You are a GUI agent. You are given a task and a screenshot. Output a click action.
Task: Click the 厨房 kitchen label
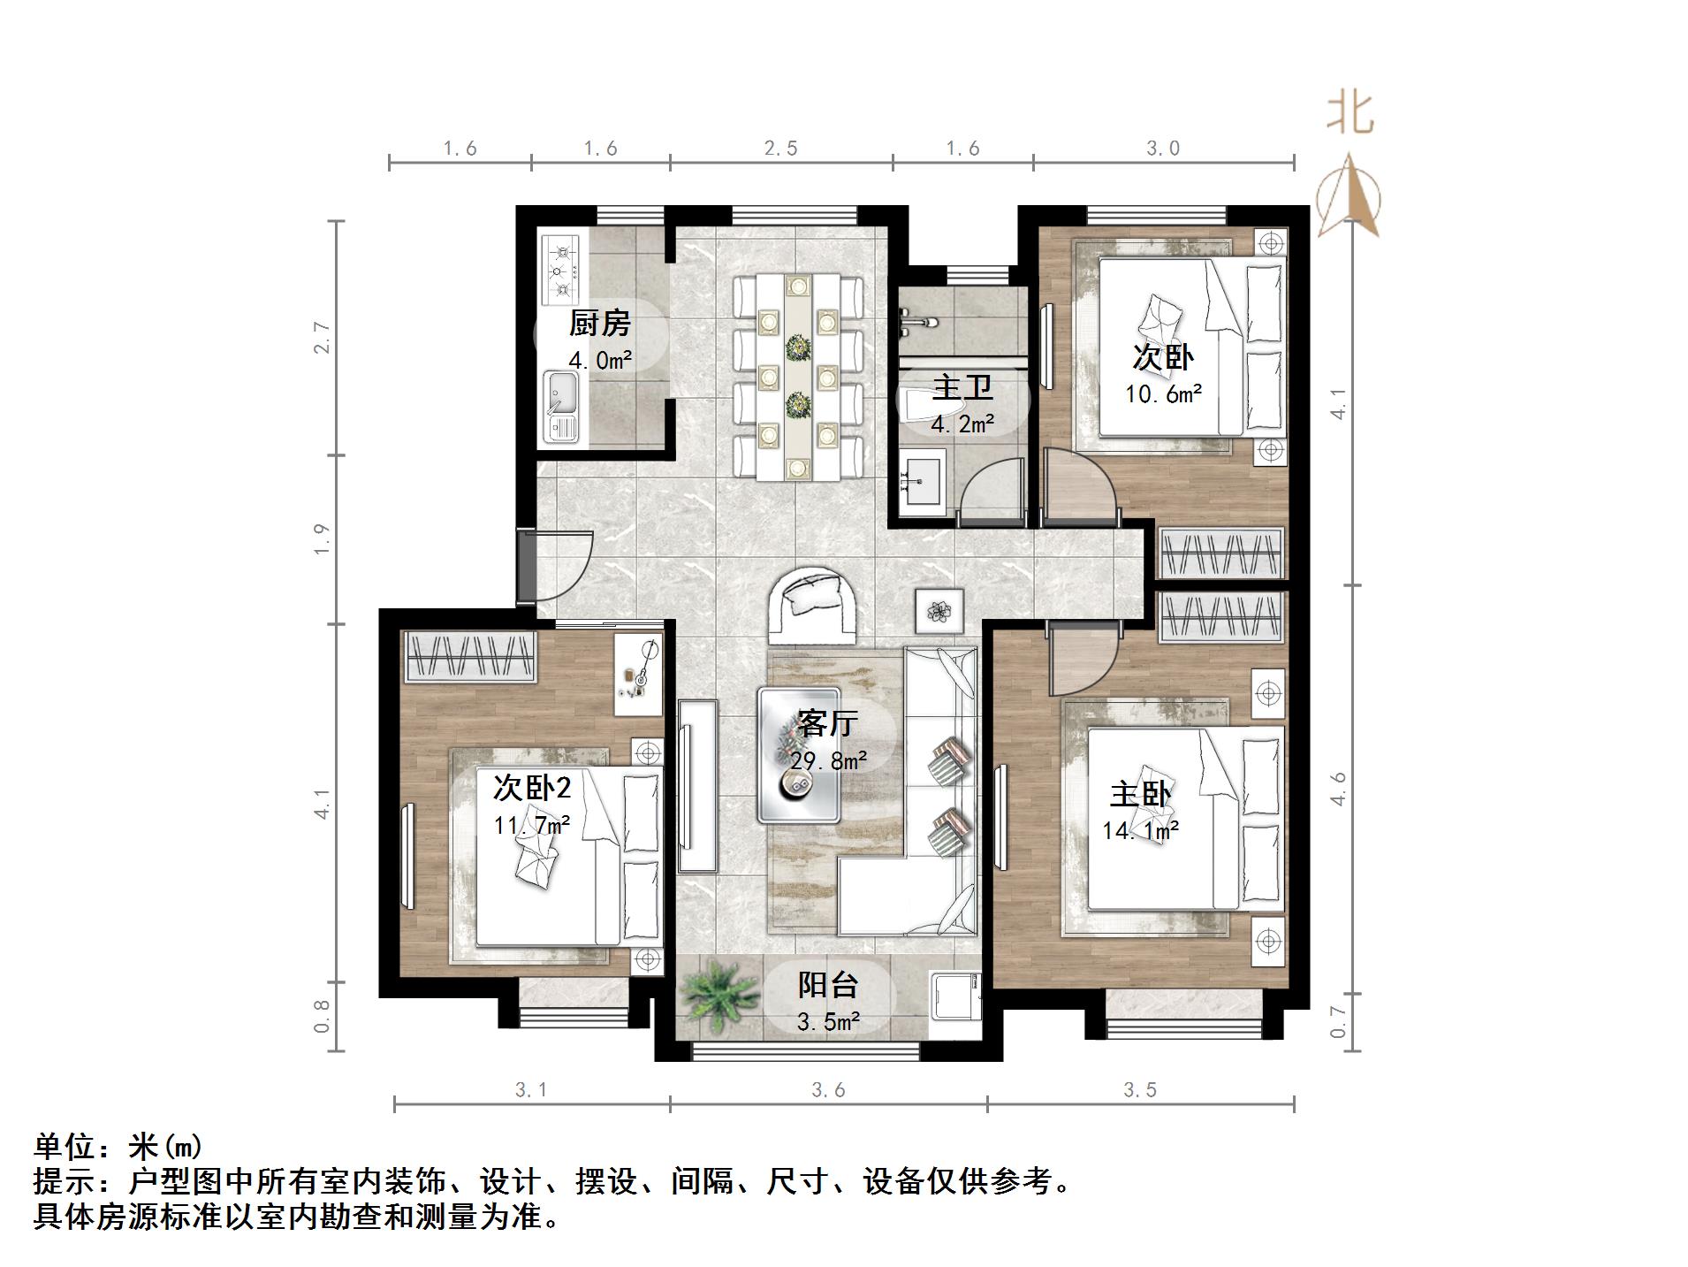599,324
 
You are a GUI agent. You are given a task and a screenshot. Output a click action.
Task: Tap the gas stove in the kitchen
561,268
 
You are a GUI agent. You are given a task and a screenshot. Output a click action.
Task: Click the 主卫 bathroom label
962,387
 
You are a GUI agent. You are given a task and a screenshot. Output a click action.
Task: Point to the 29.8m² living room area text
828,760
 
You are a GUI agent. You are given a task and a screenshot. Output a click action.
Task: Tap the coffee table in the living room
799,754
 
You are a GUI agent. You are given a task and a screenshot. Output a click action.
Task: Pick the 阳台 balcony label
828,984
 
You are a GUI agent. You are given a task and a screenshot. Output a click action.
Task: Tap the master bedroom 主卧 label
1140,794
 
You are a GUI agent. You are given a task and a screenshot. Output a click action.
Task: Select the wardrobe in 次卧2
470,656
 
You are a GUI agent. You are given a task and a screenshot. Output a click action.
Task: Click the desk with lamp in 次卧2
638,675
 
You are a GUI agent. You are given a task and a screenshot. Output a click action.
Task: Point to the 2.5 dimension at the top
780,149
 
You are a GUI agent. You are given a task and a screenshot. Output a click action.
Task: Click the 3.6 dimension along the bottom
828,1090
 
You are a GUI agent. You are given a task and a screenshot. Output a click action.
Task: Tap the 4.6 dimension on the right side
1338,787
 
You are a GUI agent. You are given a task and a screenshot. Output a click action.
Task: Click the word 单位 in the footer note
65,1147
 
